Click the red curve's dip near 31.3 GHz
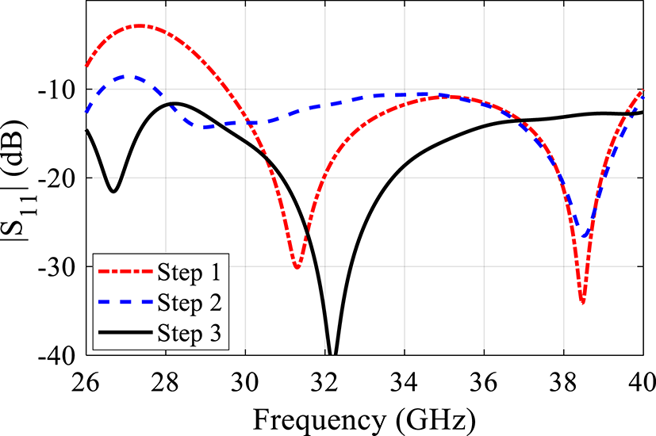tap(297, 267)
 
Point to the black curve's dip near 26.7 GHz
tap(113, 191)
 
